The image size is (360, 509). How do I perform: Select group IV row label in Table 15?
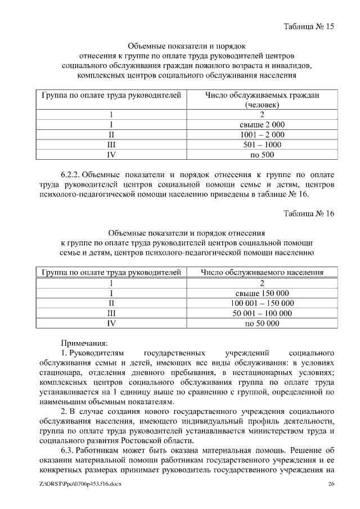(111, 154)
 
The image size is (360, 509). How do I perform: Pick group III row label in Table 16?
(111, 313)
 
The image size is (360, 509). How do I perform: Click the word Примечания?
(84, 342)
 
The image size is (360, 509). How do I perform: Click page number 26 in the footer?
(331, 484)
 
